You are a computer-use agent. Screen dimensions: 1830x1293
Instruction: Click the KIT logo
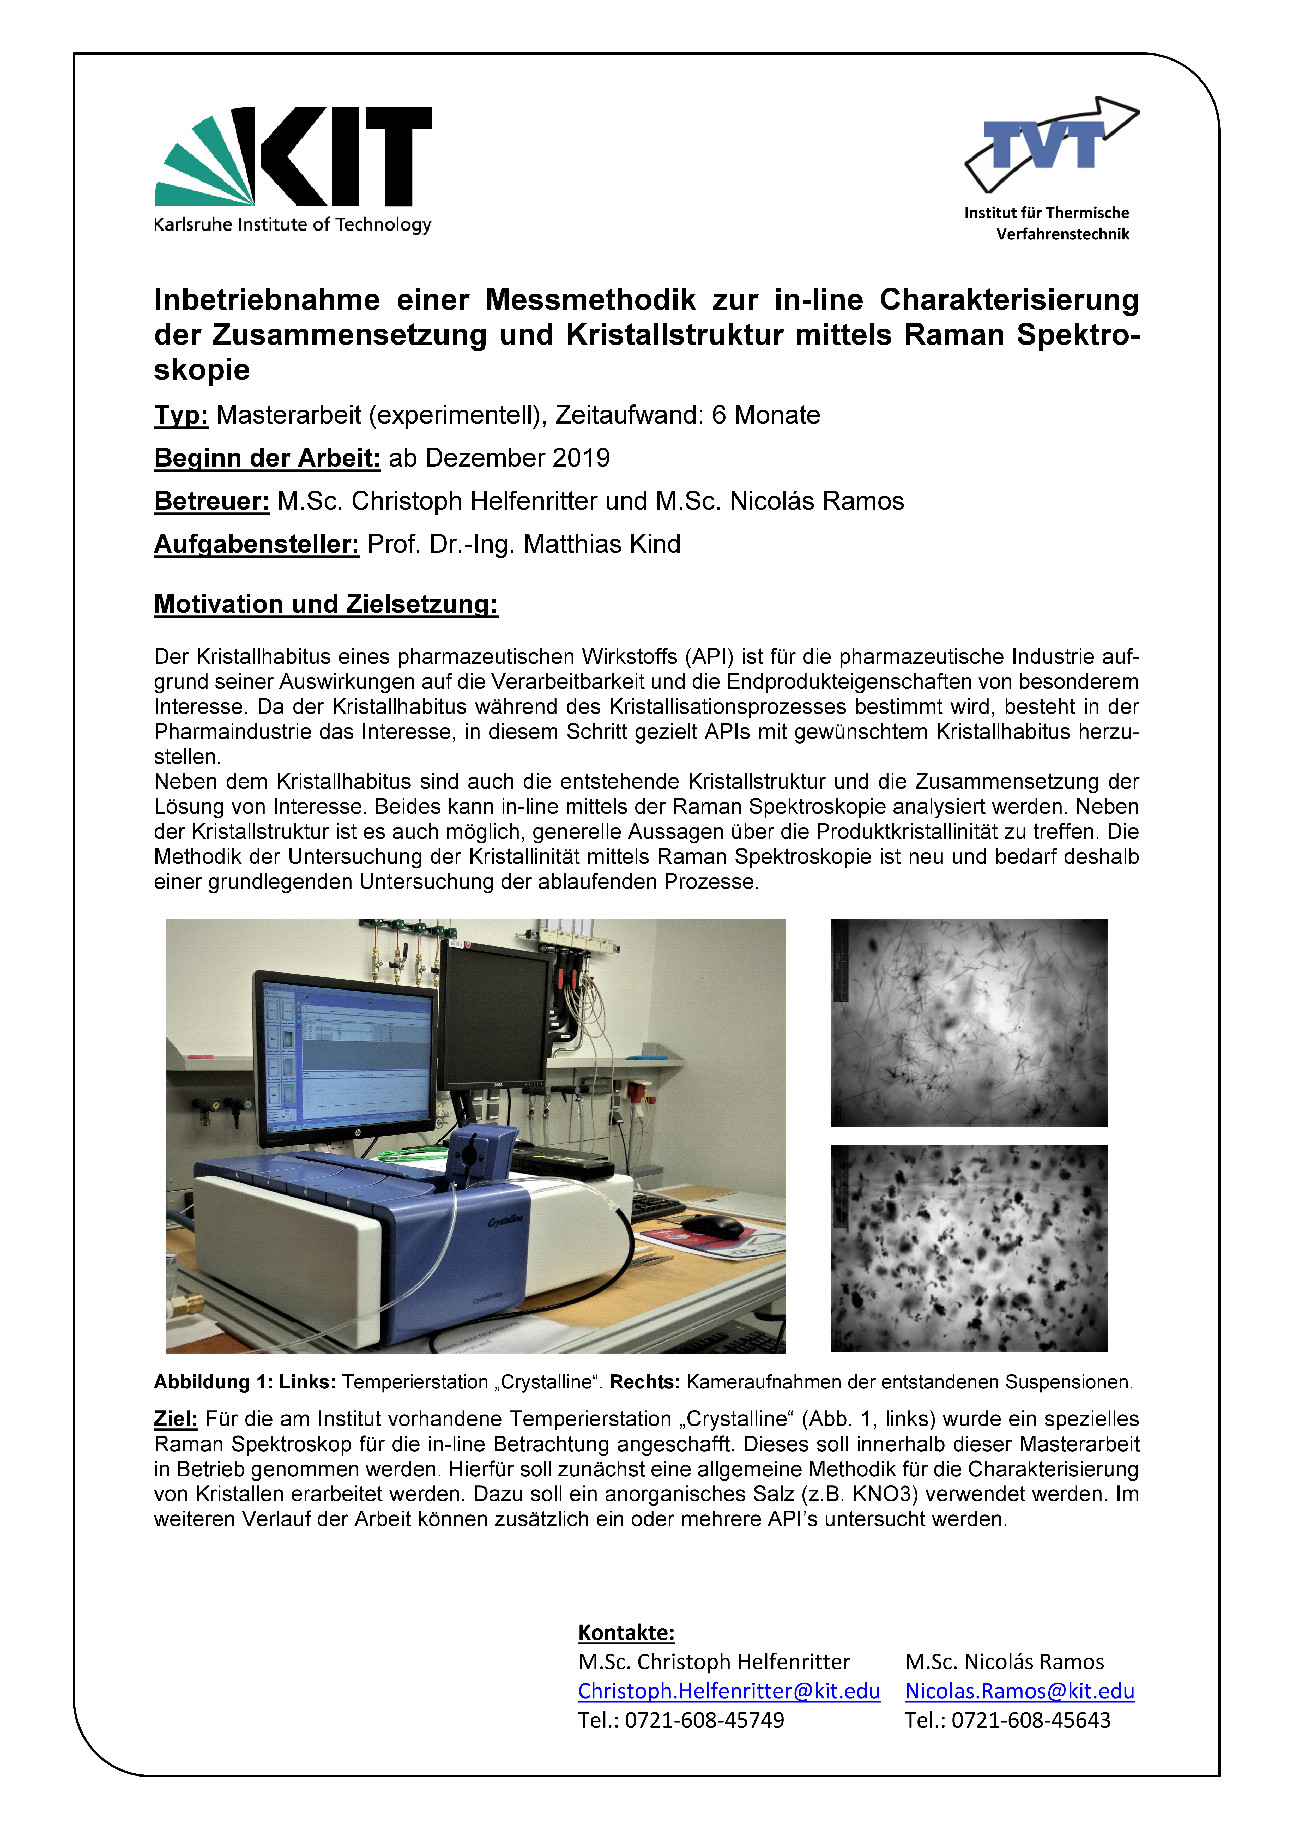(293, 169)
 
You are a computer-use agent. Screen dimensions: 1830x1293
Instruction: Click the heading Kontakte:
(626, 1632)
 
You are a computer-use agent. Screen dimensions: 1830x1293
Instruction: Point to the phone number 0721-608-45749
(704, 1720)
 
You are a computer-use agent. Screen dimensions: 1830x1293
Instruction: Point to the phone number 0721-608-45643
(1031, 1720)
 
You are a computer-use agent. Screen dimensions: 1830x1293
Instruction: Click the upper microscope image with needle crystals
(969, 1023)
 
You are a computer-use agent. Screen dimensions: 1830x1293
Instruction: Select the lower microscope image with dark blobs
(969, 1248)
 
